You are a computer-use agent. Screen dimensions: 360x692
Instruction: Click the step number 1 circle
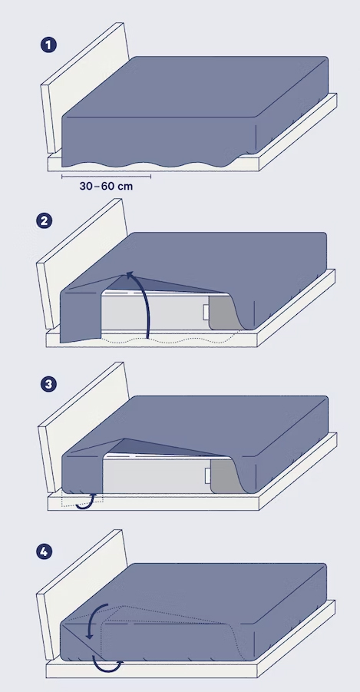click(48, 45)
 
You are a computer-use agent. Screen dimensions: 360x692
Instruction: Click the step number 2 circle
click(44, 220)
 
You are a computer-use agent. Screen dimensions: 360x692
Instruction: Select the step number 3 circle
click(48, 384)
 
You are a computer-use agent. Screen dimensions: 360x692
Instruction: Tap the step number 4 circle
click(44, 551)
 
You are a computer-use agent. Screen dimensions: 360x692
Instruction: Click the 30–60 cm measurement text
click(106, 186)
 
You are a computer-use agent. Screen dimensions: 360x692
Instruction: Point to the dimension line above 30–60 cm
click(107, 177)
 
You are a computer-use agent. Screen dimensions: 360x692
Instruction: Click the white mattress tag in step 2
click(206, 312)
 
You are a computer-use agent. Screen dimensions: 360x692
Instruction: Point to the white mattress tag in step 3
click(208, 475)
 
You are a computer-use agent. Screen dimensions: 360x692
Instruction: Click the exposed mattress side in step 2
click(154, 313)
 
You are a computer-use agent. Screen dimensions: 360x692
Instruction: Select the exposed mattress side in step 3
click(157, 475)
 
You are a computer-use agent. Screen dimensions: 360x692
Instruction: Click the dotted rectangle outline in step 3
click(82, 498)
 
